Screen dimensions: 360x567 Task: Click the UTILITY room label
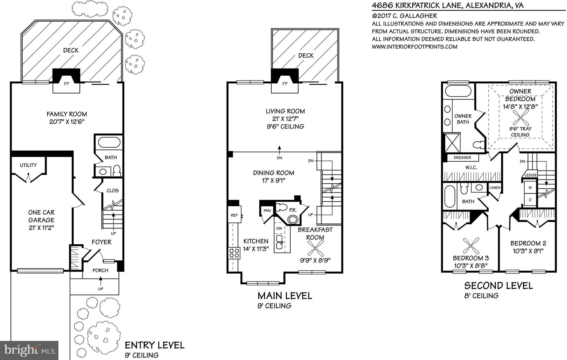pos(28,165)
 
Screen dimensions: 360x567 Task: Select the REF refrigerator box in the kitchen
pos(234,215)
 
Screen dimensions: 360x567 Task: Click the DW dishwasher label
pos(279,228)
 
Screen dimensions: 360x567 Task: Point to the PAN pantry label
pos(267,211)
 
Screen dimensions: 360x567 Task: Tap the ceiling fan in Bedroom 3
pos(471,246)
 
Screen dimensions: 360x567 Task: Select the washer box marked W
pos(530,187)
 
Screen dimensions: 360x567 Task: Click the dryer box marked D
pos(530,200)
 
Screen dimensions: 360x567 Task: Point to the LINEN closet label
pos(495,188)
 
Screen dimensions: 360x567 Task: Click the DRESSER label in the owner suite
pos(462,158)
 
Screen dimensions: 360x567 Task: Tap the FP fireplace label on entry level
pos(66,84)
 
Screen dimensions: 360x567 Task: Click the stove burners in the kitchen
pos(234,253)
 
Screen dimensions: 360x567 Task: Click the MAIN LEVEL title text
pos(285,296)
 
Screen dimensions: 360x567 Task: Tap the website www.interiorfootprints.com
pos(414,47)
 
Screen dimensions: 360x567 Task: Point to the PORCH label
pos(100,271)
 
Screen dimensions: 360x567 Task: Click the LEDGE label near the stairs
pos(531,175)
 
